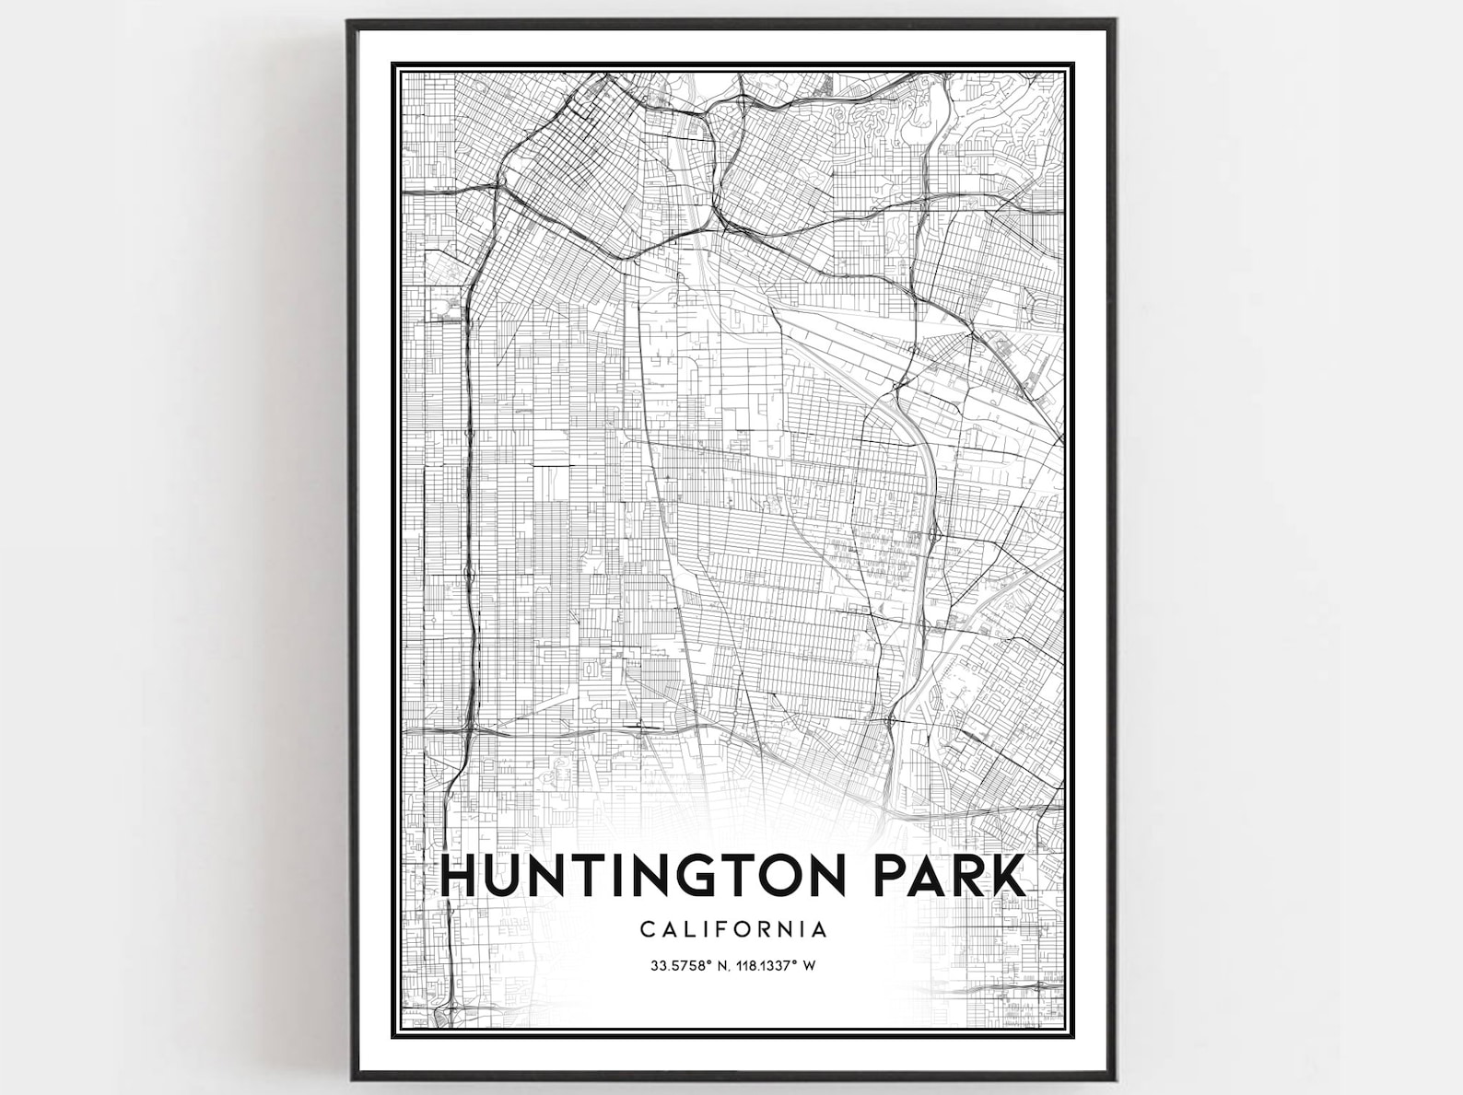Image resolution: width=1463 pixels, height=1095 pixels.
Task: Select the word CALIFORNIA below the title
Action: point(733,928)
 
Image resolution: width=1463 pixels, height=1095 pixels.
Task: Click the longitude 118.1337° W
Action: point(778,966)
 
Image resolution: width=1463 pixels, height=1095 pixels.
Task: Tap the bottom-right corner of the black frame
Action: point(1117,1078)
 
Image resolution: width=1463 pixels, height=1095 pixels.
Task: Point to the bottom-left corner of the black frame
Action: point(349,1078)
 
